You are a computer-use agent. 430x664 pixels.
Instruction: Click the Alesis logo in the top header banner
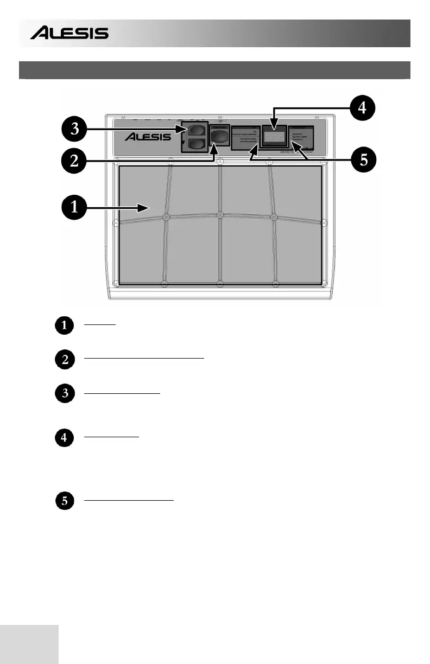69,34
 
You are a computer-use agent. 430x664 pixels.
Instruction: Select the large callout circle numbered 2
72,161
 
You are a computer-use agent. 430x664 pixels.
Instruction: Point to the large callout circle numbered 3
72,130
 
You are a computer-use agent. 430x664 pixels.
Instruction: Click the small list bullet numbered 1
65,326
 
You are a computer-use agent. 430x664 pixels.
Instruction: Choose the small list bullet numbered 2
65,361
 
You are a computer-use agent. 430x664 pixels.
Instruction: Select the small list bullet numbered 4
65,438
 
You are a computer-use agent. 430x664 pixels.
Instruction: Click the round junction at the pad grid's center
219,215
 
